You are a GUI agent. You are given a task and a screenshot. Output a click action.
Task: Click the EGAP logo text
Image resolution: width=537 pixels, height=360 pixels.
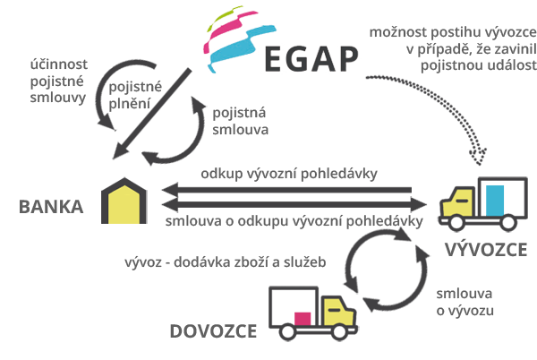point(311,59)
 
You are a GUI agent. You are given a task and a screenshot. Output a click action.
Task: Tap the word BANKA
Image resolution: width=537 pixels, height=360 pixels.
point(51,207)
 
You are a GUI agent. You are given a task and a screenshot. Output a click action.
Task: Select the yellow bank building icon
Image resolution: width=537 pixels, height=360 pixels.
point(124,201)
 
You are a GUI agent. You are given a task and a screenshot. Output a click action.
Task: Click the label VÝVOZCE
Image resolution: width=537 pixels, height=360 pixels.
point(486,249)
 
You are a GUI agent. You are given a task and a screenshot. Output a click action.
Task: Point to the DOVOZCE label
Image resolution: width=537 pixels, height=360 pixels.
point(213,331)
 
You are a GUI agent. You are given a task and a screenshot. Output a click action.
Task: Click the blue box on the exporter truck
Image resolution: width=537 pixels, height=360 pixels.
point(495,201)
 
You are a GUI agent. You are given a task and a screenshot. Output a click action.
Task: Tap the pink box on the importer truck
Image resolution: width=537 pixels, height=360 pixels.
point(303,319)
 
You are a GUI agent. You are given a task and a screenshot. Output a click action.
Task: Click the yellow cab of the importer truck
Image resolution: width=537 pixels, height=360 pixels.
point(338,312)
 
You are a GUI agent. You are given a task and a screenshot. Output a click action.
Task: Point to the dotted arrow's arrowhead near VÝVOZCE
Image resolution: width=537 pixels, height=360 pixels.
point(479,157)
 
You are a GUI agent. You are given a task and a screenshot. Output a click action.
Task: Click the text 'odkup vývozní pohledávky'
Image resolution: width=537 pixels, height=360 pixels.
point(289,174)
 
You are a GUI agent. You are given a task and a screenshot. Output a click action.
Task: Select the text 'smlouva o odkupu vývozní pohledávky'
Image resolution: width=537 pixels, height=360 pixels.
point(294,221)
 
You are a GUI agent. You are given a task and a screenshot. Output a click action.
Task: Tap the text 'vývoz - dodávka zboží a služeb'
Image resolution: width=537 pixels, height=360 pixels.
point(225,262)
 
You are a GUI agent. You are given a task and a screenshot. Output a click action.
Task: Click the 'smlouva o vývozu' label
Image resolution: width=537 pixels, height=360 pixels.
point(465,302)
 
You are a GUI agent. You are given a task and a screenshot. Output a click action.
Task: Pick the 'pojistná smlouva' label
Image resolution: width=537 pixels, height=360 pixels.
point(240,121)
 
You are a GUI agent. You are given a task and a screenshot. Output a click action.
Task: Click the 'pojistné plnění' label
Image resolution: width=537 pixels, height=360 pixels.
point(135,95)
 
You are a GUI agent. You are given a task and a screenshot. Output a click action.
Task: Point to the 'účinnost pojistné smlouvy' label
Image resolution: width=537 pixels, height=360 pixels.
point(58,81)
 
